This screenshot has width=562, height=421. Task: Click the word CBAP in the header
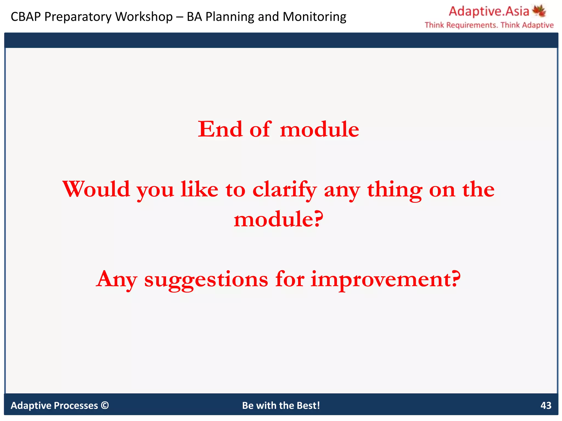26,17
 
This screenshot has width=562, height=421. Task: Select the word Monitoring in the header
314,17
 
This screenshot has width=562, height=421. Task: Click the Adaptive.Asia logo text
489,12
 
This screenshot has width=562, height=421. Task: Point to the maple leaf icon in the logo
539,11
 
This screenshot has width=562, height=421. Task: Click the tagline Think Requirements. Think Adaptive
489,25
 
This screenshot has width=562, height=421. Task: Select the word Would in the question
96,189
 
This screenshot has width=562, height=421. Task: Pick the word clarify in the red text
285,190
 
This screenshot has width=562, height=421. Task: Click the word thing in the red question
395,190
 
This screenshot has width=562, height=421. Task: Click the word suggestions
206,279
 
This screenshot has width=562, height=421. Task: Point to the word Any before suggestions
117,279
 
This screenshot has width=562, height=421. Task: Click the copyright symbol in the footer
105,405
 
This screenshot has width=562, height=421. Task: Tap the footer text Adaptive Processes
54,405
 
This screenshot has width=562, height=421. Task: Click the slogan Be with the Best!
281,405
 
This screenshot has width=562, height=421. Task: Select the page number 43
546,405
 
